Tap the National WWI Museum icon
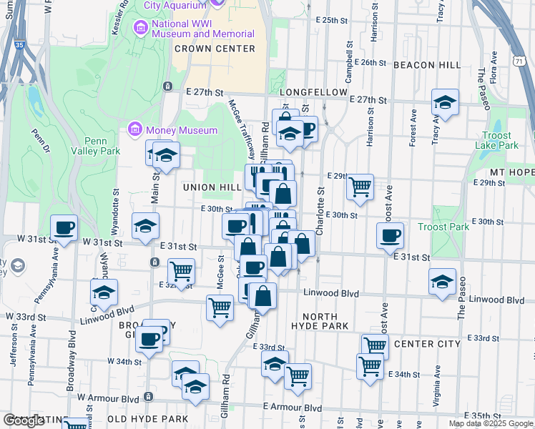point(140,28)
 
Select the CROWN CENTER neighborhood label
point(215,49)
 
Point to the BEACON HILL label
point(427,65)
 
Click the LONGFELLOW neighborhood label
point(313,93)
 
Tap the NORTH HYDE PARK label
point(319,321)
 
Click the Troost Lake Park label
point(496,140)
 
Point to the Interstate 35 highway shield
point(19,45)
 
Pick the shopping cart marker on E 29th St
point(360,187)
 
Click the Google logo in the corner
point(24,420)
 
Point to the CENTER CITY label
point(426,344)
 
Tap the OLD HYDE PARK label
point(147,419)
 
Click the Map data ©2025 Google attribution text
point(490,423)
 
